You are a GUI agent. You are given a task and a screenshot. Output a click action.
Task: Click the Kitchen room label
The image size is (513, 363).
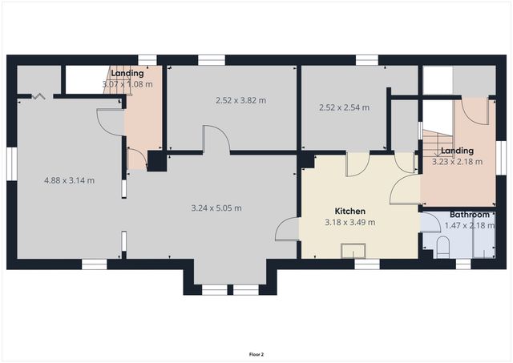pos(350,212)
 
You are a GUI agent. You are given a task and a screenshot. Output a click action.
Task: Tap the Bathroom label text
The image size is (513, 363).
pos(469,215)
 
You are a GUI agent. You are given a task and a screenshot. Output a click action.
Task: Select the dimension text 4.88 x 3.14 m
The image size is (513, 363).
pos(69,180)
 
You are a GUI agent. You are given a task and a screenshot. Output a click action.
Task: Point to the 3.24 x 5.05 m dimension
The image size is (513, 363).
pos(216,208)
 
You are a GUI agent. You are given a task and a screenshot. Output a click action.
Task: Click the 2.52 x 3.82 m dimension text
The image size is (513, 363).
pos(240,100)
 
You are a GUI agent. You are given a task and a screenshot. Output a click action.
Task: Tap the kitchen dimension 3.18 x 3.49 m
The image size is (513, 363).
pos(350,222)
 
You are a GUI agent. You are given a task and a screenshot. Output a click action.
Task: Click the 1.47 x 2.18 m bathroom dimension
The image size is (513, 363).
pos(469,225)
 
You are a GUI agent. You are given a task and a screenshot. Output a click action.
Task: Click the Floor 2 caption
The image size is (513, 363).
pos(256,353)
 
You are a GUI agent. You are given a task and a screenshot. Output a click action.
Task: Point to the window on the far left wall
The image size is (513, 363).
pos(11,160)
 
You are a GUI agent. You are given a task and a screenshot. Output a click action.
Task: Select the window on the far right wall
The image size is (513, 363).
pos(499,152)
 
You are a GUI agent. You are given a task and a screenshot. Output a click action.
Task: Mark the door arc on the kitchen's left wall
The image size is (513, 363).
pos(285,231)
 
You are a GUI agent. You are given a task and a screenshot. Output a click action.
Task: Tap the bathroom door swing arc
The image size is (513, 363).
pos(431,221)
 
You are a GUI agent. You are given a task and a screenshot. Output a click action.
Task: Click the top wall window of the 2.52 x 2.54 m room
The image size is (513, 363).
pos(366,59)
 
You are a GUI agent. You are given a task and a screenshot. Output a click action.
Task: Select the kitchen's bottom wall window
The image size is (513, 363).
pos(366,263)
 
